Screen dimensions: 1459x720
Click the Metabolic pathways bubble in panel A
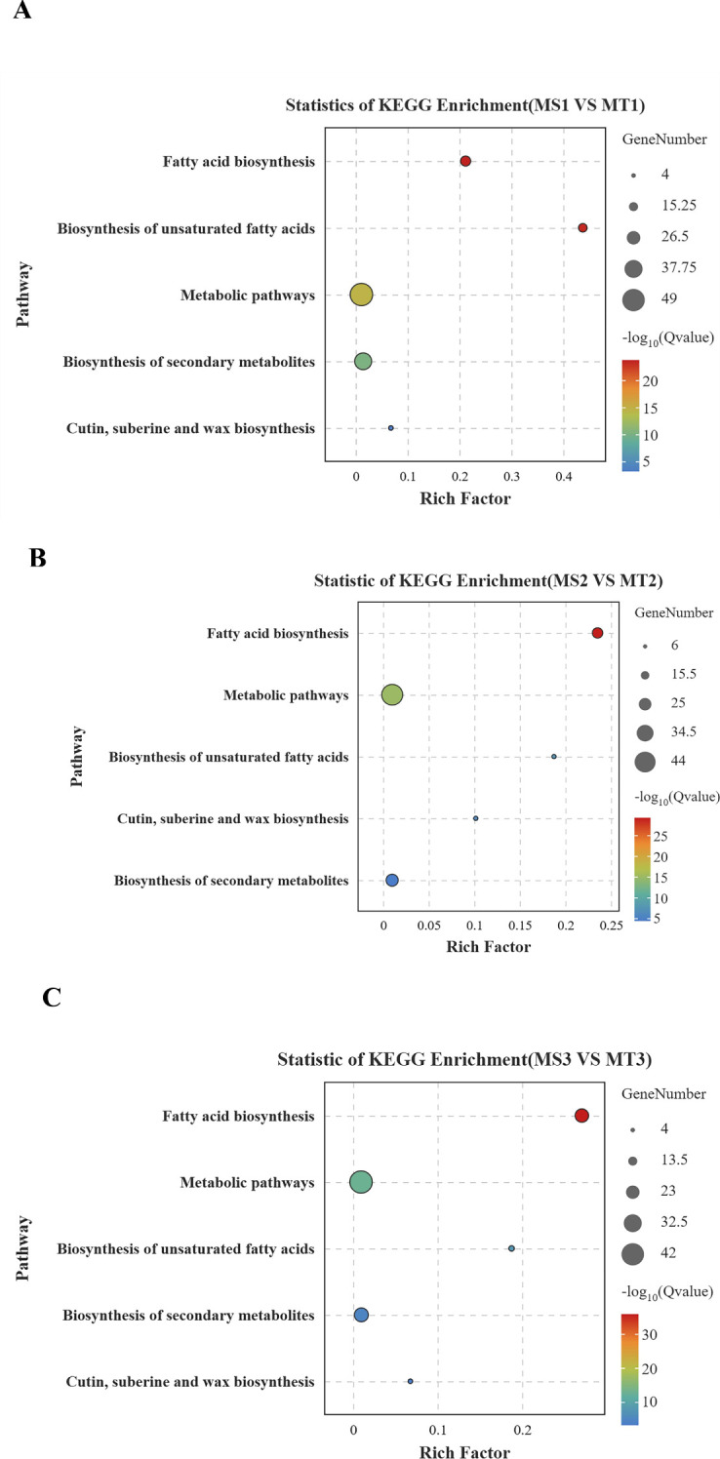pyautogui.click(x=362, y=294)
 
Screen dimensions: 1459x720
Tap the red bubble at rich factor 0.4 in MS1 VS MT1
pyautogui.click(x=582, y=227)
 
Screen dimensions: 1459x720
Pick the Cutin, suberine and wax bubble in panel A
pyautogui.click(x=391, y=428)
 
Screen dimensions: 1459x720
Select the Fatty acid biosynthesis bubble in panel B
pyautogui.click(x=597, y=633)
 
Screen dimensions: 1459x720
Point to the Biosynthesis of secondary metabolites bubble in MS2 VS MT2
pyautogui.click(x=391, y=880)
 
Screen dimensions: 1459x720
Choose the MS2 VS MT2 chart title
pyautogui.click(x=488, y=581)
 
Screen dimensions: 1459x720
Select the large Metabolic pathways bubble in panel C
pyautogui.click(x=361, y=1182)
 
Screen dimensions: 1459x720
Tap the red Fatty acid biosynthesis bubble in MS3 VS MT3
pyautogui.click(x=582, y=1116)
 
